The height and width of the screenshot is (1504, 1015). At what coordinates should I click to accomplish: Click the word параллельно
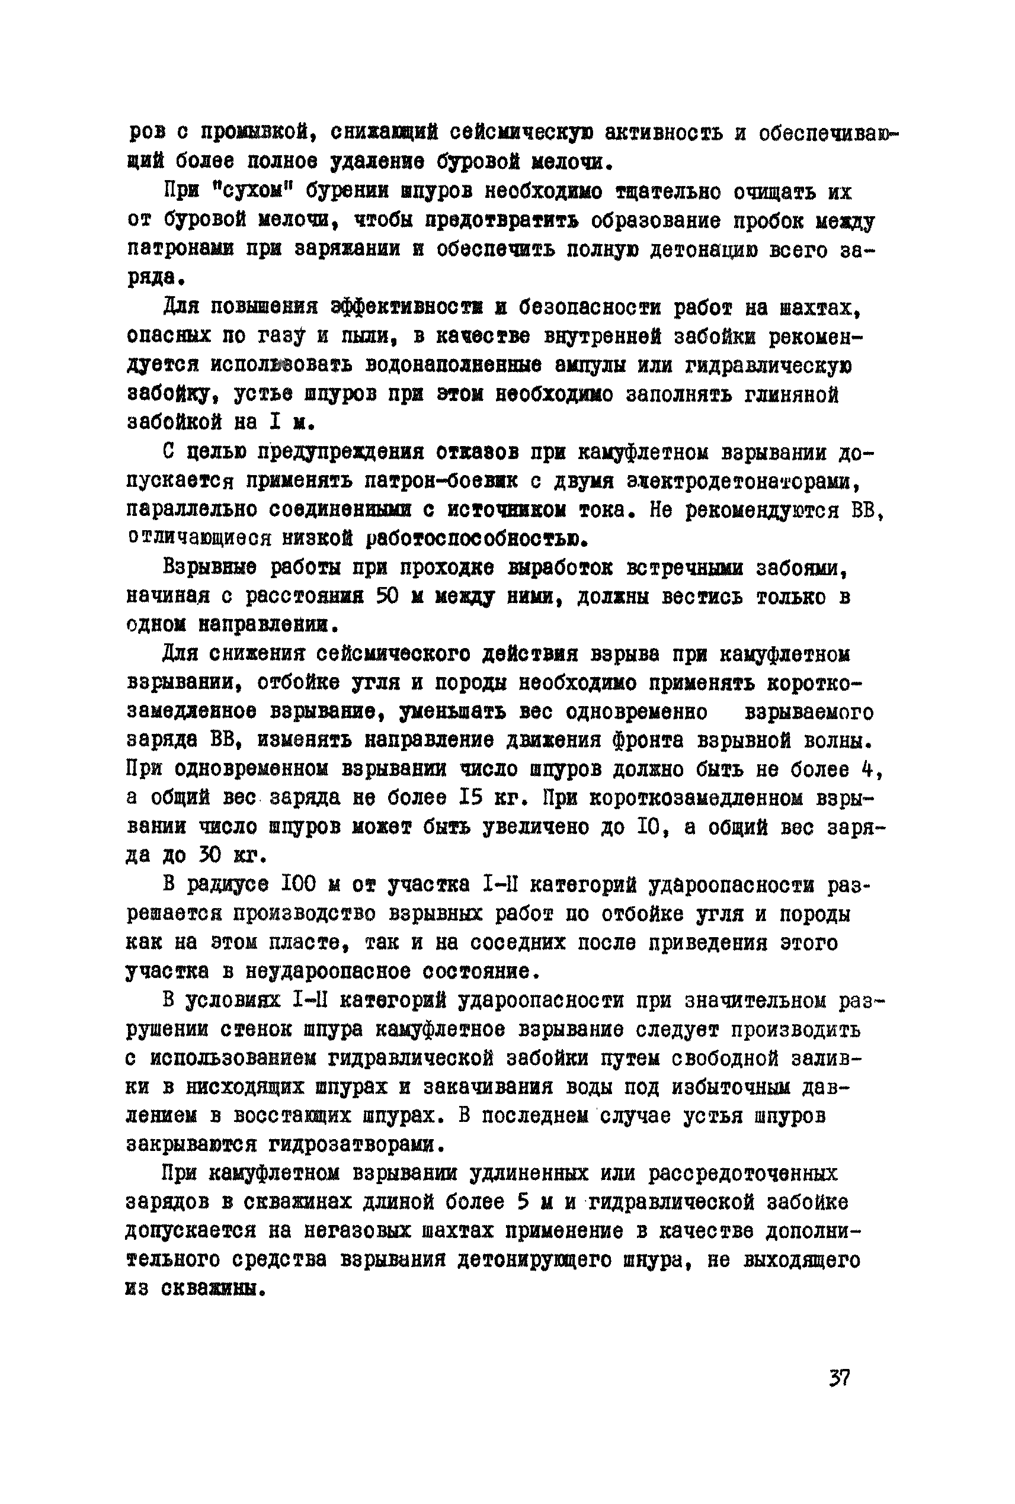[190, 510]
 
